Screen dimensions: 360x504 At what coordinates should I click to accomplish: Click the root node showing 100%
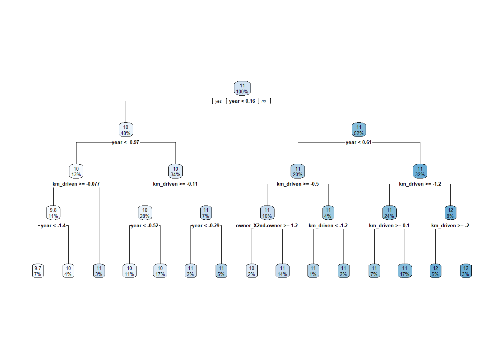[x=242, y=88]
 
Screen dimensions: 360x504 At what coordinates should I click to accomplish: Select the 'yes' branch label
[x=219, y=101]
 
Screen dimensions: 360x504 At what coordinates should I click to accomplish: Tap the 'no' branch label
[x=264, y=101]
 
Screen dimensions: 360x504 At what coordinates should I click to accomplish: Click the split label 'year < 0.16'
[x=242, y=101]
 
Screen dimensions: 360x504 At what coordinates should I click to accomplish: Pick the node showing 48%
[x=126, y=130]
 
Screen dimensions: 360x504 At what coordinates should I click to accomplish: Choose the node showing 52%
[x=359, y=130]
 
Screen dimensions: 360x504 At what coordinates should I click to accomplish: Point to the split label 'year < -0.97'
[x=125, y=142]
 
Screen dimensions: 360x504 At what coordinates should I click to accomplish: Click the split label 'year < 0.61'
[x=358, y=142]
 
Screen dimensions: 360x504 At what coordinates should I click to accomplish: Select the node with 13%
[x=76, y=171]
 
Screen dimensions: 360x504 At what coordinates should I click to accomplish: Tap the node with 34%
[x=175, y=171]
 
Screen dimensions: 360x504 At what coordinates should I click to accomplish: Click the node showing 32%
[x=420, y=171]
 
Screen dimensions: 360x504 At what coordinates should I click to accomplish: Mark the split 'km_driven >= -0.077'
[x=76, y=184]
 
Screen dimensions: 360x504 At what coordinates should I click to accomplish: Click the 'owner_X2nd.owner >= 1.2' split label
[x=267, y=226]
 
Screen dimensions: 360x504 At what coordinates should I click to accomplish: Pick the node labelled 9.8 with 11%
[x=53, y=213]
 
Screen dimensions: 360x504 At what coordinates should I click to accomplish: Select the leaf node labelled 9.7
[x=38, y=271]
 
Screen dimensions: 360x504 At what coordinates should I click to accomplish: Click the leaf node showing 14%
[x=282, y=271]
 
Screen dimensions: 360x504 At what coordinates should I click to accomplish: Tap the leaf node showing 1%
[x=313, y=271]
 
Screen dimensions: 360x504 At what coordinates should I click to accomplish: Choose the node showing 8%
[x=450, y=213]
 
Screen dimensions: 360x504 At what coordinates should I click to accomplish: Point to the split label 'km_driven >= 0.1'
[x=389, y=226]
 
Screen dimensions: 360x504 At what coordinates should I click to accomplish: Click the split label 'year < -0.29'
[x=205, y=226]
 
